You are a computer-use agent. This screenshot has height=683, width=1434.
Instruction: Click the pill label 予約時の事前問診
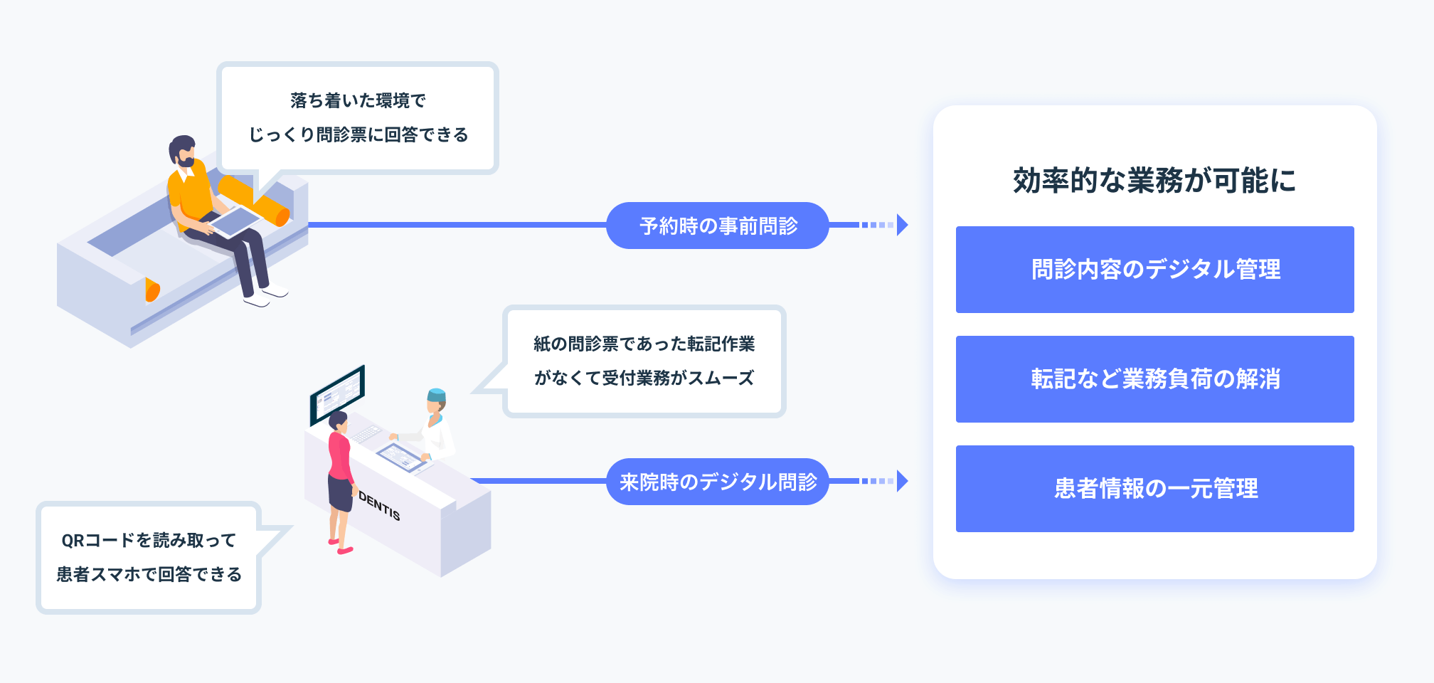[718, 226]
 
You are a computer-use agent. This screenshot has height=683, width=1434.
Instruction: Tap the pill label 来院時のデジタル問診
[718, 482]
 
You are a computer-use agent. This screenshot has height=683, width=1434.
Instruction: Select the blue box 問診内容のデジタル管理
[1154, 270]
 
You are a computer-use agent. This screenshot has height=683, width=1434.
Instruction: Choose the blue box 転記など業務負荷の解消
[1154, 379]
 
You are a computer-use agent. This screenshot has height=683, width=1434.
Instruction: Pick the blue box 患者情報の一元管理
[1154, 489]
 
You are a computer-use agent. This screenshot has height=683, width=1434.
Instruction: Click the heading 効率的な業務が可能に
[1154, 181]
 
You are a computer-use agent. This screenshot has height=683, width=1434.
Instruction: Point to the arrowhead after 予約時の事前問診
[902, 225]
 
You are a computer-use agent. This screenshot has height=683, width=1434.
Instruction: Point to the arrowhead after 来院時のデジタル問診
[902, 481]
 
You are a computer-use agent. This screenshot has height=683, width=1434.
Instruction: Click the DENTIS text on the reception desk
[379, 506]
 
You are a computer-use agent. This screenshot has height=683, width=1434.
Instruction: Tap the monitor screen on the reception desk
[337, 394]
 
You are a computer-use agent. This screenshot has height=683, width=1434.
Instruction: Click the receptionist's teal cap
[436, 395]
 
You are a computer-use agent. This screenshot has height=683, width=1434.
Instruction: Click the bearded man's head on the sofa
[184, 151]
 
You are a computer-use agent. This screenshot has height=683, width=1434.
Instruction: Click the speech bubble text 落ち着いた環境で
[358, 101]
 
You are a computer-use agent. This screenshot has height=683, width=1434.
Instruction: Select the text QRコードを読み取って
[149, 541]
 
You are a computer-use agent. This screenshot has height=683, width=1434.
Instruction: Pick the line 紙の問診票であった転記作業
[644, 344]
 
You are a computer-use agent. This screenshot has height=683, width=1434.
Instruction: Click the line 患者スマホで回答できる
[149, 574]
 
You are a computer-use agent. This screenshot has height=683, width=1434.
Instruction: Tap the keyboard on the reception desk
[366, 433]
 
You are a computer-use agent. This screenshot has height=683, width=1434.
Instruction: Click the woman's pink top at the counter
[341, 456]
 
